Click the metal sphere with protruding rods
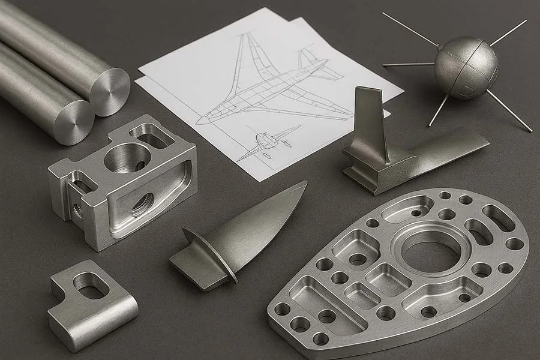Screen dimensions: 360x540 point(466,67)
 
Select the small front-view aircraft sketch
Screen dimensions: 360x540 point(268,142)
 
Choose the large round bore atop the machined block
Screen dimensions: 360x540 point(127,158)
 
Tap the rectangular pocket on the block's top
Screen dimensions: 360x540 point(153,136)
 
